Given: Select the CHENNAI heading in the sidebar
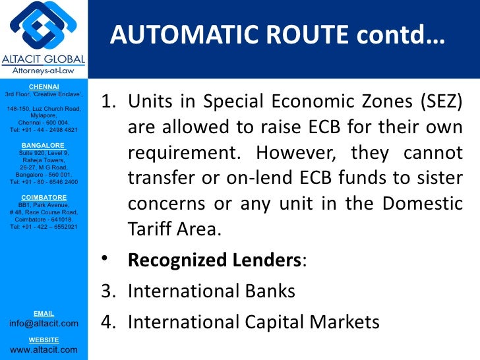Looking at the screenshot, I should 44,86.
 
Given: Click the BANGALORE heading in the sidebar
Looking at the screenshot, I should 44,145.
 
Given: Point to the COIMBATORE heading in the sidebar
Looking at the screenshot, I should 44,197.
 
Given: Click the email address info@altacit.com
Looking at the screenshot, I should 44,323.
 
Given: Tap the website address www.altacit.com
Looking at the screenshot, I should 44,349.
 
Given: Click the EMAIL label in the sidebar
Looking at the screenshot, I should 44,313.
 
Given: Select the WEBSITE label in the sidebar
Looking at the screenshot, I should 44,340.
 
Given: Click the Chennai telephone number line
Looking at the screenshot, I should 44,130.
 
